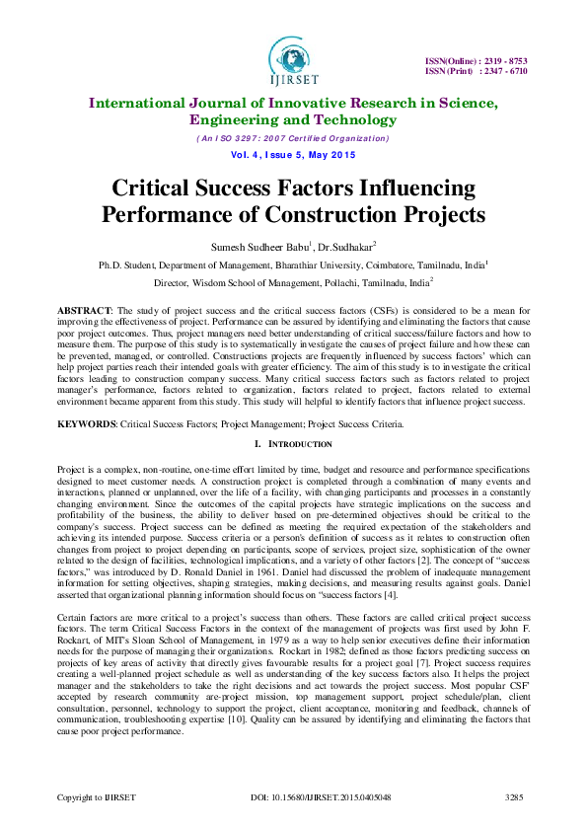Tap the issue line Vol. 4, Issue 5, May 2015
[x=293, y=156]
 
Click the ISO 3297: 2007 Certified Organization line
[x=293, y=138]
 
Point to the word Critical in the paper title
[x=161, y=189]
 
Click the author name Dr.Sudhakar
[x=340, y=247]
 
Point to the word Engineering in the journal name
[x=229, y=120]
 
